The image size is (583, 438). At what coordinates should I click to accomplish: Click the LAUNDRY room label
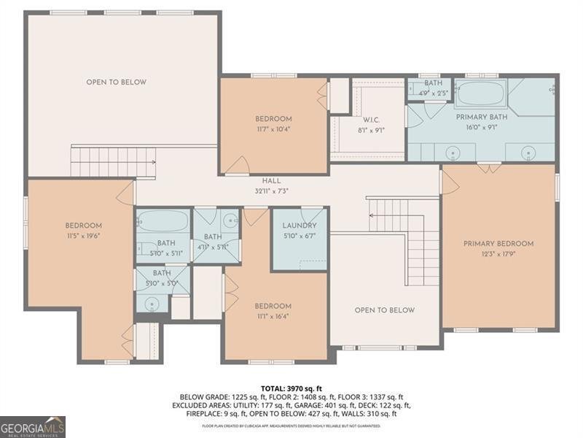click(x=300, y=226)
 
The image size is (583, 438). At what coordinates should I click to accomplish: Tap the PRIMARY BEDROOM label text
click(x=498, y=244)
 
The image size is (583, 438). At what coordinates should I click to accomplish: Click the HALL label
click(x=271, y=180)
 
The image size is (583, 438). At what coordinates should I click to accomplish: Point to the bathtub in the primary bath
click(x=481, y=94)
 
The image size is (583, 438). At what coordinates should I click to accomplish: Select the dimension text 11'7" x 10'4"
click(x=273, y=129)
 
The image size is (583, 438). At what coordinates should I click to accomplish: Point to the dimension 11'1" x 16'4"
click(x=273, y=317)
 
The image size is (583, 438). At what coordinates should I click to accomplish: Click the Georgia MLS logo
click(x=33, y=426)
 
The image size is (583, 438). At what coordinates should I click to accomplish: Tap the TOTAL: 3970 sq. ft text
click(x=291, y=388)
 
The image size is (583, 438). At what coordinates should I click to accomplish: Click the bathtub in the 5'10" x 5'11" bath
click(x=162, y=220)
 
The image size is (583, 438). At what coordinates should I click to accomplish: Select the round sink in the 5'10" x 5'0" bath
click(x=152, y=304)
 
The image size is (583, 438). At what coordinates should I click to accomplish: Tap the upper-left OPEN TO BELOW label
click(x=117, y=82)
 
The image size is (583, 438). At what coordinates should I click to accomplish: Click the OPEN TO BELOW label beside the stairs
click(x=385, y=310)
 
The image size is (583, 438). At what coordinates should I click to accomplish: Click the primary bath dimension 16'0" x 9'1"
click(x=481, y=127)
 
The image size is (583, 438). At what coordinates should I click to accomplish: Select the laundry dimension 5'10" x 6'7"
click(x=300, y=236)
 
